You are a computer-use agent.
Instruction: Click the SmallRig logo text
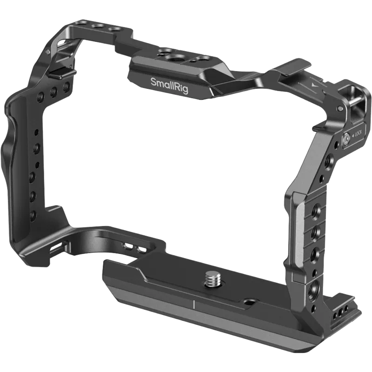pyautogui.click(x=169, y=85)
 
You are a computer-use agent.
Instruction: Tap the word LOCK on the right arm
pyautogui.click(x=358, y=134)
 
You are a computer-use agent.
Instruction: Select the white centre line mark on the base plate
pyautogui.click(x=193, y=306)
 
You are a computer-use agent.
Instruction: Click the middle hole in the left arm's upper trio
pyautogui.click(x=54, y=93)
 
